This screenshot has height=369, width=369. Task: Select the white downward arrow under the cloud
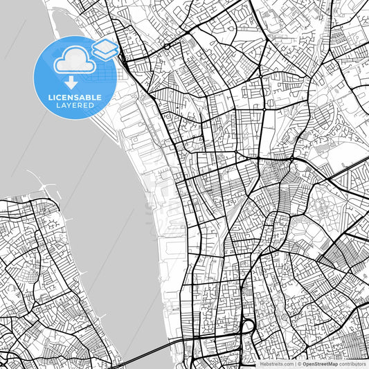click(x=72, y=84)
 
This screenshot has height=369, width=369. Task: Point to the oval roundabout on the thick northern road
click(x=167, y=46)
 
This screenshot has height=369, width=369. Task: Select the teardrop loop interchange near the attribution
click(x=247, y=325)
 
